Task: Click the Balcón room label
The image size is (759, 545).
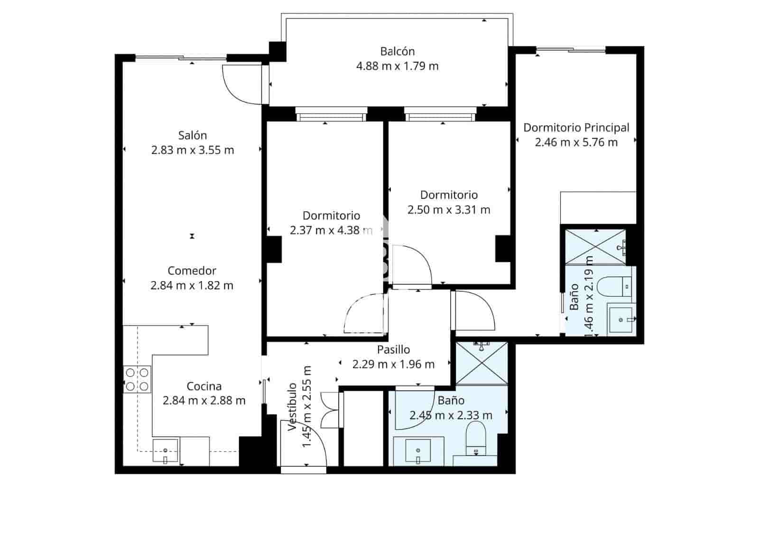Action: click(x=397, y=51)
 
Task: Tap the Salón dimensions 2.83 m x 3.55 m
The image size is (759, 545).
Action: click(x=192, y=150)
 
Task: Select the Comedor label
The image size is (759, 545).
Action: click(x=192, y=271)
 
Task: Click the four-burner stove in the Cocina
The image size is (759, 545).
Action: click(x=137, y=379)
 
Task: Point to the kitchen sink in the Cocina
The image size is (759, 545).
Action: click(x=165, y=451)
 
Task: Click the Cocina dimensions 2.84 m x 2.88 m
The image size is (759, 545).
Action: click(x=204, y=400)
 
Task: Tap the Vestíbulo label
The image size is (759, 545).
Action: click(x=293, y=407)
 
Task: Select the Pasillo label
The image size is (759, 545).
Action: click(x=393, y=350)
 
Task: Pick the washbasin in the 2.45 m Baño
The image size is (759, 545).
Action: click(x=418, y=451)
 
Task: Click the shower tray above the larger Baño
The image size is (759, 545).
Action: click(x=481, y=363)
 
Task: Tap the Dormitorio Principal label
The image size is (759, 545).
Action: click(x=576, y=128)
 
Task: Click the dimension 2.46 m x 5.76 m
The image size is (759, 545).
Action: click(x=576, y=142)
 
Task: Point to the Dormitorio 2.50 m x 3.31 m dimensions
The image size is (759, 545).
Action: click(x=448, y=209)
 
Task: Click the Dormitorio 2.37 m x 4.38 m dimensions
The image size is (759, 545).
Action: click(x=331, y=231)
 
